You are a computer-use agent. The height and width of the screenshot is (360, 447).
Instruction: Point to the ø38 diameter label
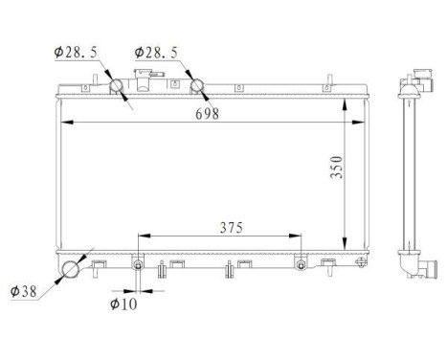tap(24, 291)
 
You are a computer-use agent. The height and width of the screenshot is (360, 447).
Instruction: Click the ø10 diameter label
tap(122, 305)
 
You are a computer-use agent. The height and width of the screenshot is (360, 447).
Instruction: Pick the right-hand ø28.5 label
tap(155, 52)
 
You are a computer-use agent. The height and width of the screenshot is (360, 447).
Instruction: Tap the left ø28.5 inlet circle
tap(118, 87)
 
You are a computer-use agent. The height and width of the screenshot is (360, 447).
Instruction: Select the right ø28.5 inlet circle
tap(198, 86)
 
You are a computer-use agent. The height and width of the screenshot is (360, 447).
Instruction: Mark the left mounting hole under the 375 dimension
tap(139, 265)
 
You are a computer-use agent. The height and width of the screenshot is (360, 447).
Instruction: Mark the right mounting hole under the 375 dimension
tap(301, 265)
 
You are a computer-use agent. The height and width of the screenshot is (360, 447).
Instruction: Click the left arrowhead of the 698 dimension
tap(63, 123)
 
